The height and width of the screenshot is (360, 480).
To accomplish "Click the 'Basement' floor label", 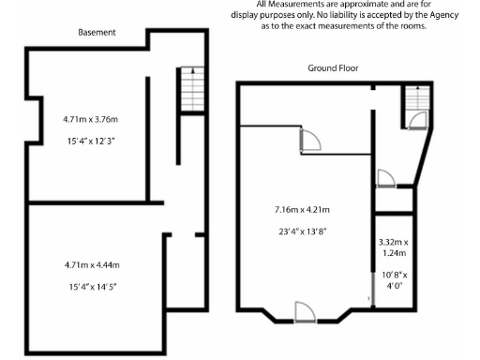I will click(x=97, y=32).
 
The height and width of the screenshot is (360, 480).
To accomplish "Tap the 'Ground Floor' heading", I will click(x=333, y=68).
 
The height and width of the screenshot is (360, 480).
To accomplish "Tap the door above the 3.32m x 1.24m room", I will click(x=384, y=178).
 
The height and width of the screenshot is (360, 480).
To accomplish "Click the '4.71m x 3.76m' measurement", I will click(x=91, y=119).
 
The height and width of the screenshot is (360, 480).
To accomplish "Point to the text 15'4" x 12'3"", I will click(x=91, y=140).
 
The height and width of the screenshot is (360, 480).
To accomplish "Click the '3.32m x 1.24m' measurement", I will click(x=393, y=247).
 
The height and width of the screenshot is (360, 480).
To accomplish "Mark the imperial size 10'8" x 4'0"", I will click(x=393, y=280).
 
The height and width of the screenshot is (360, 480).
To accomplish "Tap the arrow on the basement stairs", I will click(x=190, y=71).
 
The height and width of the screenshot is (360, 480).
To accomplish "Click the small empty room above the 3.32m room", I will click(x=393, y=200).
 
